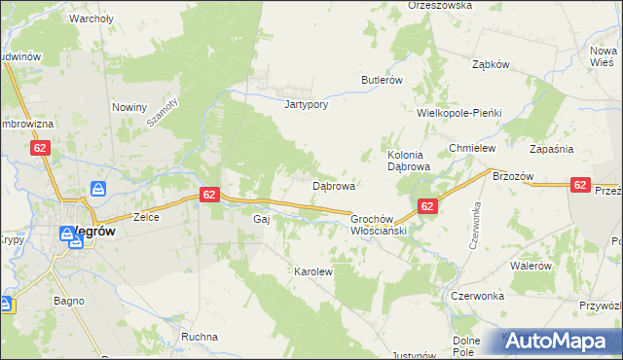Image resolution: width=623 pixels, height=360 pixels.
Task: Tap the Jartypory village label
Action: click(x=302, y=104)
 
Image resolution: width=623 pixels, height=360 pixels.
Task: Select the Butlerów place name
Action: click(x=382, y=80)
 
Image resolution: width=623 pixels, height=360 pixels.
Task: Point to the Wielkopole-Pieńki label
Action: click(x=458, y=113)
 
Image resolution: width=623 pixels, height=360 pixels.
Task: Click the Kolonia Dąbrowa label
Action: click(x=409, y=161)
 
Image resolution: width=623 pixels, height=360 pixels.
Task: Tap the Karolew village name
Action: click(x=313, y=272)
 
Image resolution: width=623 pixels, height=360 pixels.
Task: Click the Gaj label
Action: click(x=260, y=220)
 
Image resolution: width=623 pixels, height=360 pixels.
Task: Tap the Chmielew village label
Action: click(x=472, y=148)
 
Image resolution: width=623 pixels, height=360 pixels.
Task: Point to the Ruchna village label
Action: click(x=200, y=337)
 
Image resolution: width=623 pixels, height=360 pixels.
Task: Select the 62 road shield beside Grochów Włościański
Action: click(x=426, y=206)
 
